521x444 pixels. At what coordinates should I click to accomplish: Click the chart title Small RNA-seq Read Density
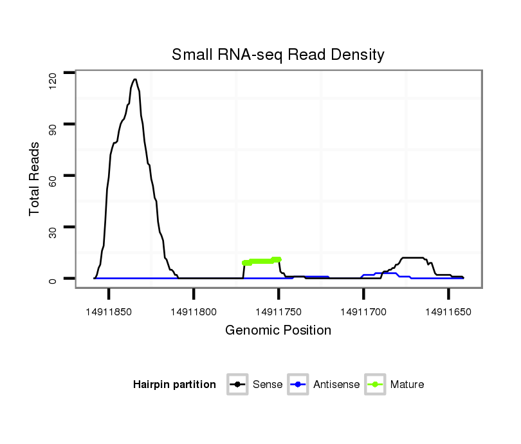[278, 55]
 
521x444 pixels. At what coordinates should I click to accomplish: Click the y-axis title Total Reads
[35, 179]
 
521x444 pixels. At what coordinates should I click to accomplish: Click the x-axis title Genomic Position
[278, 331]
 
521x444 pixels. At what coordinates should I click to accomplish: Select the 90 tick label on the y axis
[53, 124]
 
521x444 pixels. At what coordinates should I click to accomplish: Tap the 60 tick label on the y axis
[53, 176]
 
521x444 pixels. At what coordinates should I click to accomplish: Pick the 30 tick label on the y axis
[53, 227]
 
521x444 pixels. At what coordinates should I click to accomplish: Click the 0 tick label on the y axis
[53, 279]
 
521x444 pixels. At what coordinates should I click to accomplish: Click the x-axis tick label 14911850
[109, 311]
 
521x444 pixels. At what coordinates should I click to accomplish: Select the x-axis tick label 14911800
[194, 311]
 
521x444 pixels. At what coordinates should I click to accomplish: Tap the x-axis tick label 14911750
[279, 311]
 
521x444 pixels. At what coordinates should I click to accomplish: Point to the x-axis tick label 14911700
[363, 311]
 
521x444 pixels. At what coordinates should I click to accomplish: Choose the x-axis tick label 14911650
[448, 311]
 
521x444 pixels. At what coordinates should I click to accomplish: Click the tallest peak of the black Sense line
[135, 80]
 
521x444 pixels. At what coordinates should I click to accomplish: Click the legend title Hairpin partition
[174, 385]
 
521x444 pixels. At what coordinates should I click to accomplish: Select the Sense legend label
[268, 385]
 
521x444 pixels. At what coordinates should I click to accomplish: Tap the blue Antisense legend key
[299, 385]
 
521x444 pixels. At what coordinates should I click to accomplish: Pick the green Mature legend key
[375, 385]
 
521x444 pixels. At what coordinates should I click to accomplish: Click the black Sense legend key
[238, 385]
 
